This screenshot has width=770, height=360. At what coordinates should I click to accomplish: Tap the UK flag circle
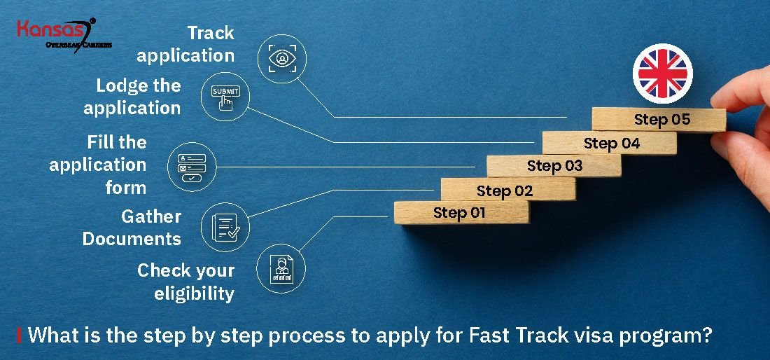[662, 73]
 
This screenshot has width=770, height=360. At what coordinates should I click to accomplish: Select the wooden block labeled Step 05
[659, 119]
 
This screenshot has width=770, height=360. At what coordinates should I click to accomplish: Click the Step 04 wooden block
[610, 144]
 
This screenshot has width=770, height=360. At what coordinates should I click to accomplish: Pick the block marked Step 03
[554, 166]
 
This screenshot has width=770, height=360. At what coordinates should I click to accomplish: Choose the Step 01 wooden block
[461, 212]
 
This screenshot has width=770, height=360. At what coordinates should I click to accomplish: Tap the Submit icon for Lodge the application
[225, 99]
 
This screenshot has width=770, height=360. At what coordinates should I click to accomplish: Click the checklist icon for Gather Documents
[225, 227]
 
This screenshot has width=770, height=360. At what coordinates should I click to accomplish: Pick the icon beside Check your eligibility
[281, 269]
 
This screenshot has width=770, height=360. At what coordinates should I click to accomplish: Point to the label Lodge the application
[133, 97]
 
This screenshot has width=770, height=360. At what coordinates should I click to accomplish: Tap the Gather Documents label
[132, 228]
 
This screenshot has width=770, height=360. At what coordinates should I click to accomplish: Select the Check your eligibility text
[186, 282]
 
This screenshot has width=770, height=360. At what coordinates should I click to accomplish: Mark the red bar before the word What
[19, 335]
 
